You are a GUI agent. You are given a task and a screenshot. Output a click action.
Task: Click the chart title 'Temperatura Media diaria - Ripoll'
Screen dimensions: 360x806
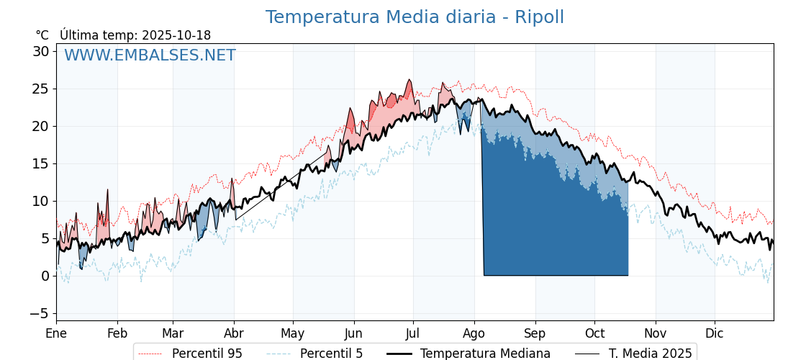[x=415, y=17]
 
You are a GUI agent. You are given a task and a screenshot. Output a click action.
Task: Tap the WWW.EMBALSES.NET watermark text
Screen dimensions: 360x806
[x=150, y=55]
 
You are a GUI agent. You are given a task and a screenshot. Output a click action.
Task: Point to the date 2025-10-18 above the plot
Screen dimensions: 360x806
[x=176, y=35]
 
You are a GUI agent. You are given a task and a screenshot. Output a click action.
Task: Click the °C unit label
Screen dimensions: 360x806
[x=42, y=35]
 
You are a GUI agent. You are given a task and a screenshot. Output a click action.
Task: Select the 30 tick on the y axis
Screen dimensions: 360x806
[x=40, y=51]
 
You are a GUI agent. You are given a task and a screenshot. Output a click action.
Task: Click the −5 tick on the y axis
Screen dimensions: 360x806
[x=39, y=313]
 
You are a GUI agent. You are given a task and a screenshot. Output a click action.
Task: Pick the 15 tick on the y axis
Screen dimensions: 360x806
[x=40, y=163]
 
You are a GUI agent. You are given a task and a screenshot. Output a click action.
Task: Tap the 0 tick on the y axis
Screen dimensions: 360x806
[x=45, y=276]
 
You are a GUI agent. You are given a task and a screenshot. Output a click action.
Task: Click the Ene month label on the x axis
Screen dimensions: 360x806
[x=56, y=333]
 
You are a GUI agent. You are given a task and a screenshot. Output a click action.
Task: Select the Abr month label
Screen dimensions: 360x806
[x=233, y=333]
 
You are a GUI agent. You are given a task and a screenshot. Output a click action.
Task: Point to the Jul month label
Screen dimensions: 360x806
[x=413, y=333]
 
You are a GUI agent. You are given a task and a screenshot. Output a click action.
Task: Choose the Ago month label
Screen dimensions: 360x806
[x=474, y=333]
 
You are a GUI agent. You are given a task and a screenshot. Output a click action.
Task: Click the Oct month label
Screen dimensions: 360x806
[x=594, y=333]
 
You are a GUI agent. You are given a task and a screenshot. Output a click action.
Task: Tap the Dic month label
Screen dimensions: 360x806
[x=715, y=333]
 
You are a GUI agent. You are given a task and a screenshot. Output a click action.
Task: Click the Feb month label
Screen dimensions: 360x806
[x=117, y=333]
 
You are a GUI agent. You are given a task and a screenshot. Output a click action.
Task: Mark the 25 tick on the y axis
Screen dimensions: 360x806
[x=40, y=89]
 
